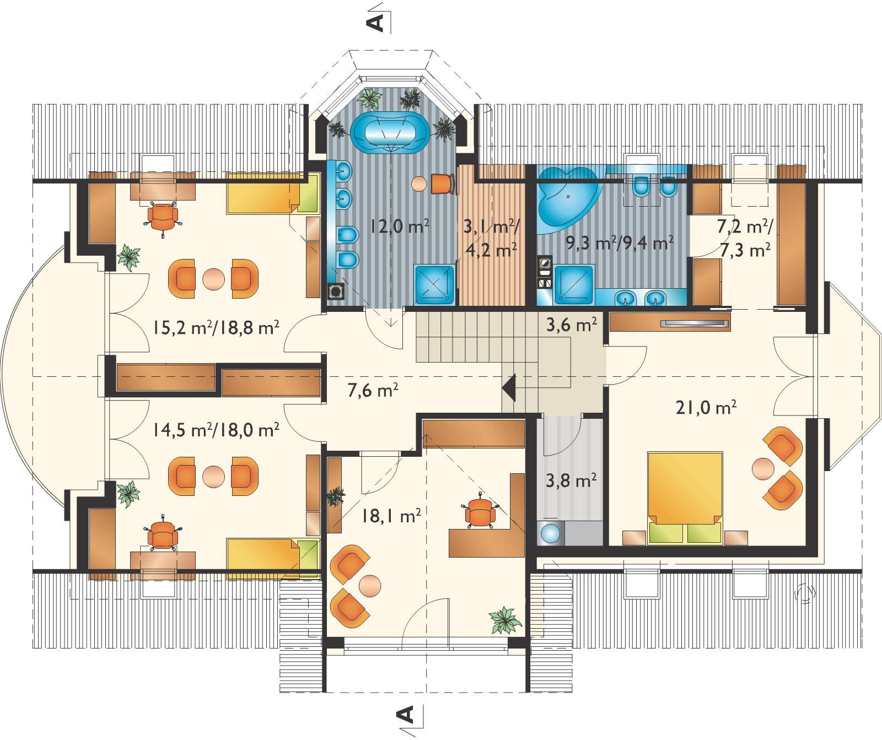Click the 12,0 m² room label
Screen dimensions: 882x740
tap(400, 226)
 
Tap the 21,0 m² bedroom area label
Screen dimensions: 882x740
tap(706, 408)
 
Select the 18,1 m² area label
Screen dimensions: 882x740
tap(391, 516)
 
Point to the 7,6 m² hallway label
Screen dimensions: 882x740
tap(373, 391)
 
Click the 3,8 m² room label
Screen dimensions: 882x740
tap(571, 480)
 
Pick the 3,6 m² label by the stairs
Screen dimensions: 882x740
tap(572, 325)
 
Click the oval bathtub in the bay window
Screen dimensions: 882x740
tap(390, 133)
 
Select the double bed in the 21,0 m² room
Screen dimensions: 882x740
tap(685, 498)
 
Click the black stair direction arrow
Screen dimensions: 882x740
tap(509, 387)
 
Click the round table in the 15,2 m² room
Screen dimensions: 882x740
tap(213, 279)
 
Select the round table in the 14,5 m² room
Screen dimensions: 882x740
tap(213, 477)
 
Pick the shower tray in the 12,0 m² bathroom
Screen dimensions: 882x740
tap(435, 284)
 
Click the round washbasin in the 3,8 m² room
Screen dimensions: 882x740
tap(551, 533)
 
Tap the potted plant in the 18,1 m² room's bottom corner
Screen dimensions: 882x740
tap(504, 620)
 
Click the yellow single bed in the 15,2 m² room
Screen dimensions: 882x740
tap(273, 193)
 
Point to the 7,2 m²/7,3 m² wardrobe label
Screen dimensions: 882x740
tap(745, 238)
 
